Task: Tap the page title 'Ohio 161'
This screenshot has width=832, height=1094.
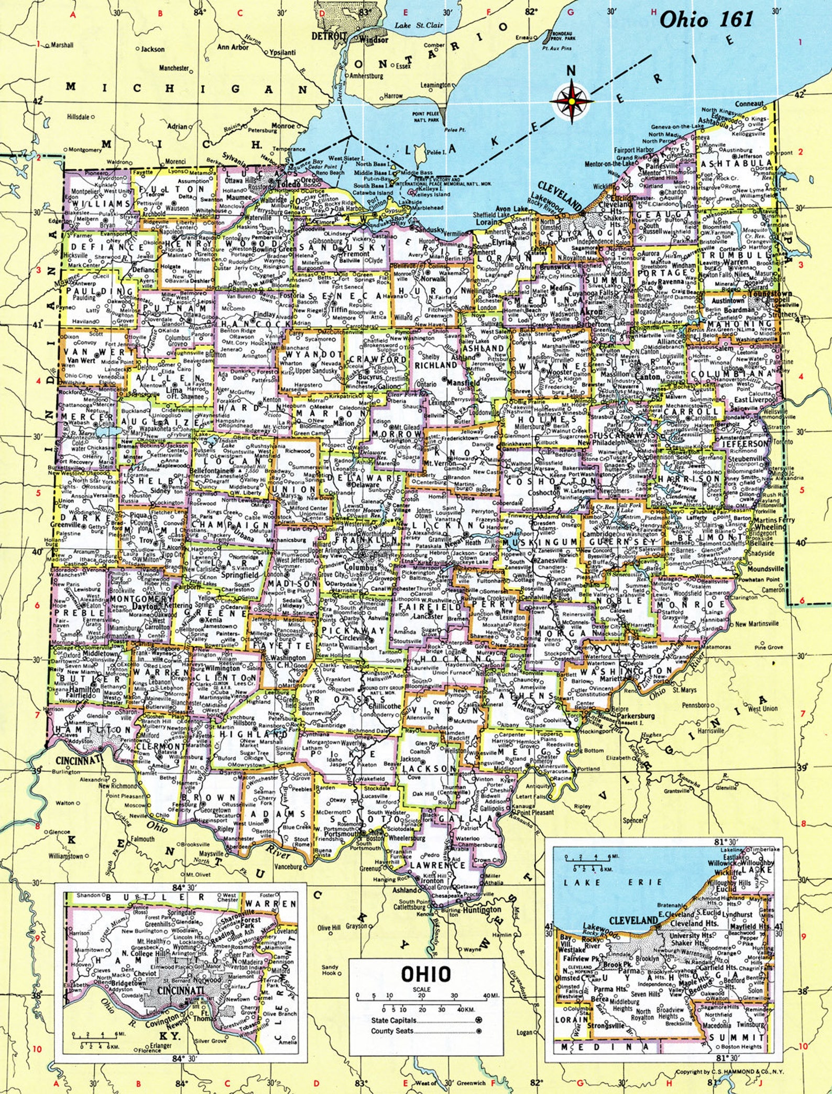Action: pos(706,19)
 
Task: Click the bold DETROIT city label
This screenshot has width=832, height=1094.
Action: pos(329,36)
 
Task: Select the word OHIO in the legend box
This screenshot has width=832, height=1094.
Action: pos(425,974)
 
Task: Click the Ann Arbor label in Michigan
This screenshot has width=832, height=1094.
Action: pos(233,47)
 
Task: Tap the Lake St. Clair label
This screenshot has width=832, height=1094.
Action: pos(419,25)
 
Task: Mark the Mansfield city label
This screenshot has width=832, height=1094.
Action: pos(463,383)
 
